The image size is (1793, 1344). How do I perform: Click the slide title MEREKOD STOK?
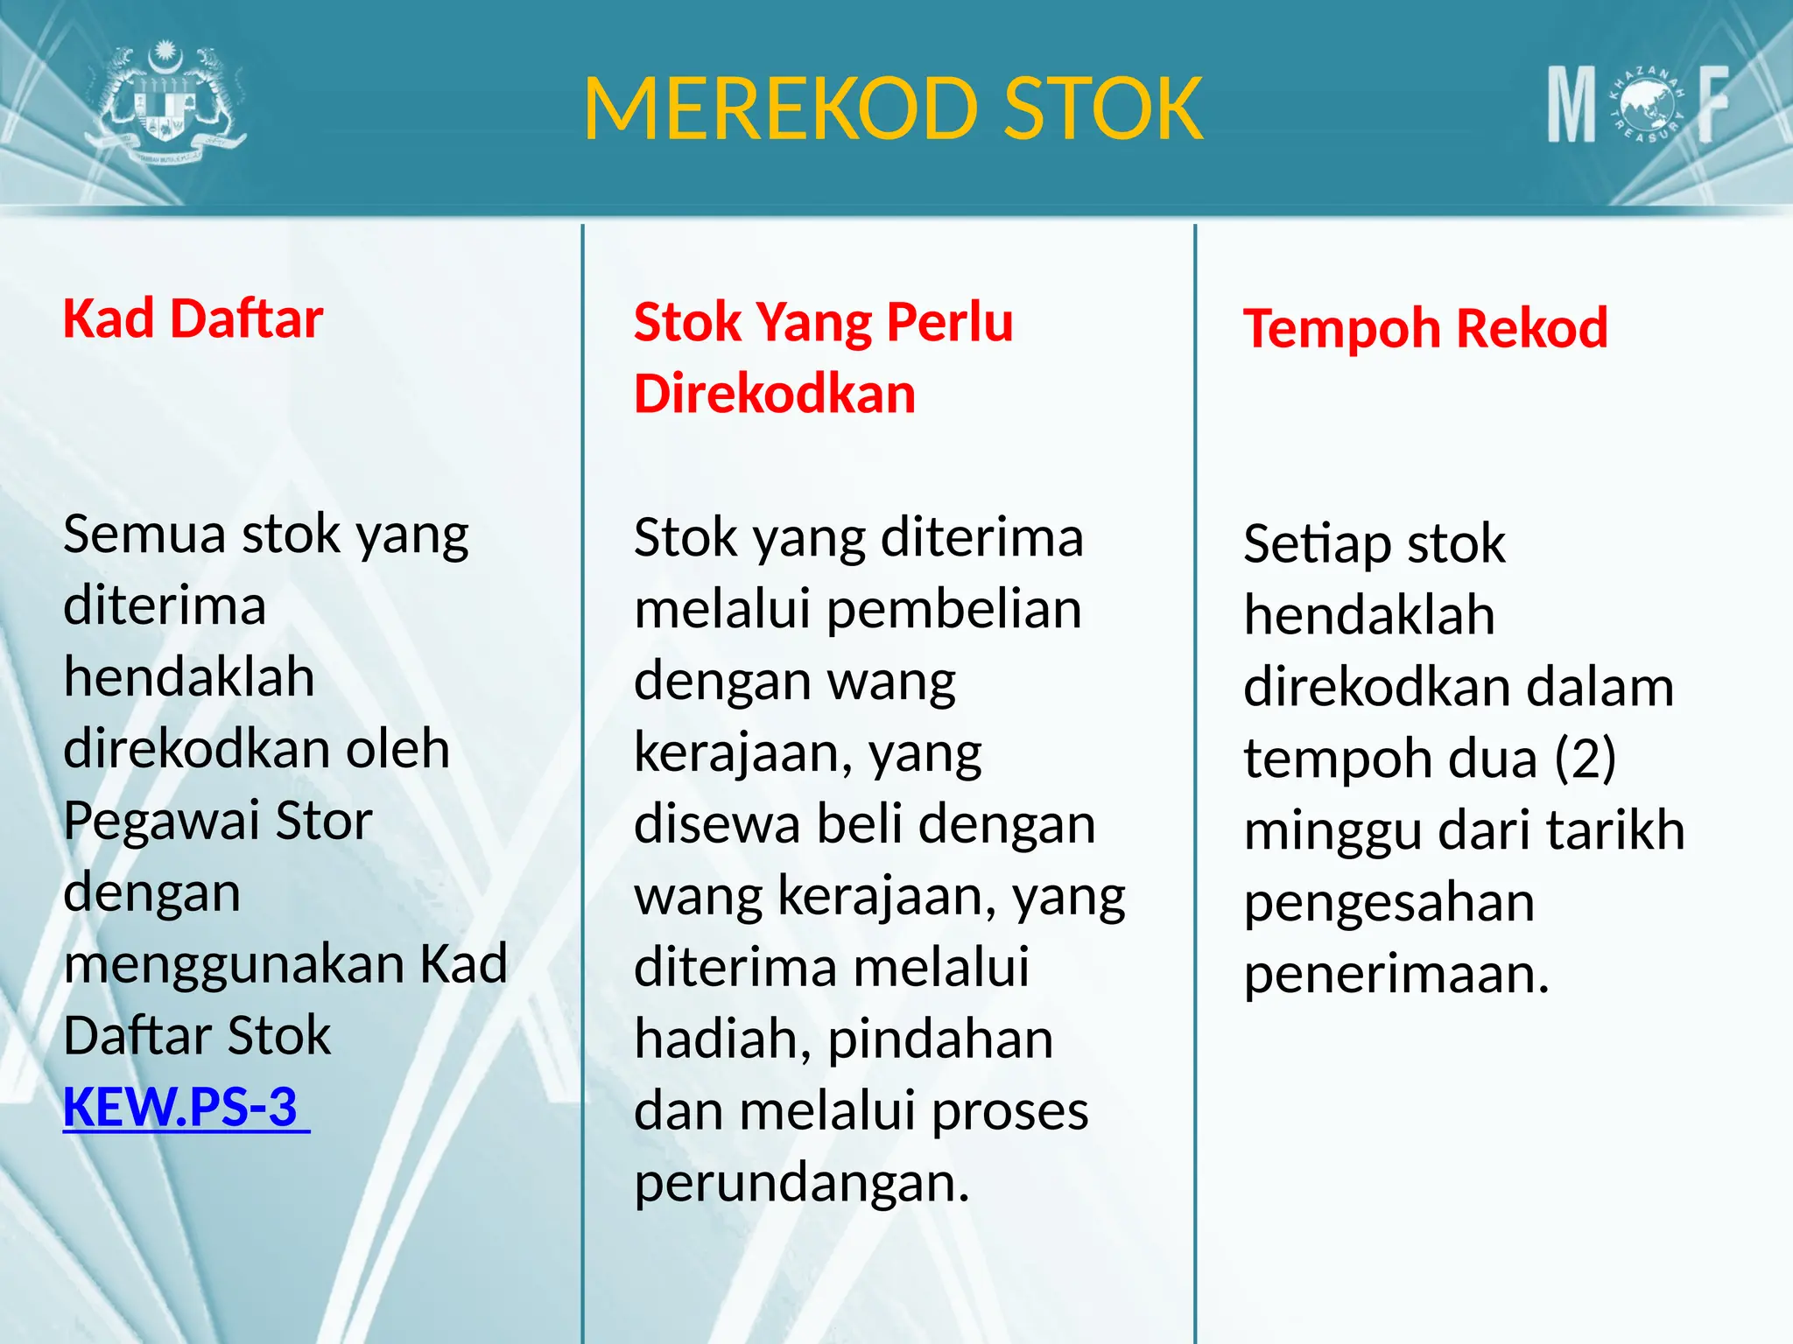893,108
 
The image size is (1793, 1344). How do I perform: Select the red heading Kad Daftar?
193,318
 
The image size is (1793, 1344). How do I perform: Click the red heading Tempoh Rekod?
1425,329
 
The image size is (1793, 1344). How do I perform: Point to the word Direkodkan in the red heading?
775,394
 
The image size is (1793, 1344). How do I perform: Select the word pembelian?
953,610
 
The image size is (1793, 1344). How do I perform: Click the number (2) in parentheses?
1585,758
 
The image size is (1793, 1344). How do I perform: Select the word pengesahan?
1389,903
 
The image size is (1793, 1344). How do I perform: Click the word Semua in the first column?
145,534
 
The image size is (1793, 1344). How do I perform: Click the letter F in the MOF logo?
1712,105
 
